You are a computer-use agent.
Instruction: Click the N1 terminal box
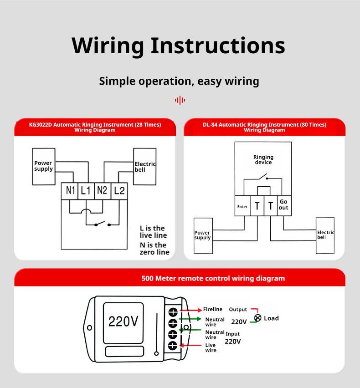(70, 191)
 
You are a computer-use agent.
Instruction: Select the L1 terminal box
(86, 191)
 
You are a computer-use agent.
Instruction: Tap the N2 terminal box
(102, 191)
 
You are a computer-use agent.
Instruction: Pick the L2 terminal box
(118, 191)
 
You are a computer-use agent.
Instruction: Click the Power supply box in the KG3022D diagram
(44, 166)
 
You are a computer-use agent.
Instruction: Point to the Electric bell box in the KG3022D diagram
(144, 167)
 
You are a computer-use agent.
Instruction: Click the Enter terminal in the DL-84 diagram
(242, 206)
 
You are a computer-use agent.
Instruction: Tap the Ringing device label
(263, 160)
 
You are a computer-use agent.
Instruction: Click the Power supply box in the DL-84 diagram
(203, 235)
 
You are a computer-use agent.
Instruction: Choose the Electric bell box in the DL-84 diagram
(325, 235)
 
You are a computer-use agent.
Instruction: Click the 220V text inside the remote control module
(123, 322)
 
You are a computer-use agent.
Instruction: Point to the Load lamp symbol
(258, 318)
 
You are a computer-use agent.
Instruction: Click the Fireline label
(213, 310)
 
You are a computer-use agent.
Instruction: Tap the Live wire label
(211, 348)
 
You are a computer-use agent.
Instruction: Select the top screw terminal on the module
(173, 312)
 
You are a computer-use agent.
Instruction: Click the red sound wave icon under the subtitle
(180, 100)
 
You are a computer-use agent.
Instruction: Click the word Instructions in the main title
(218, 46)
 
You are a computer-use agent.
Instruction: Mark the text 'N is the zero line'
(154, 249)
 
